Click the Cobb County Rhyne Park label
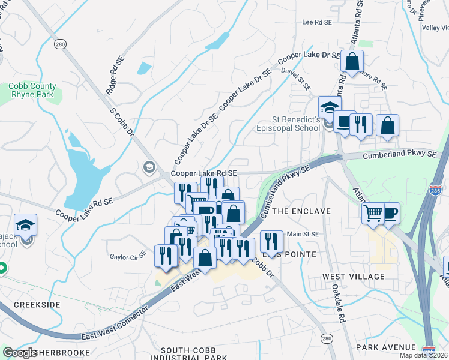coord(31,90)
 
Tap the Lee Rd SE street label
coord(317,22)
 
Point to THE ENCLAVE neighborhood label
coord(301,211)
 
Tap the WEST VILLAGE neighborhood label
coord(354,276)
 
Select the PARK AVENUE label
coord(385,347)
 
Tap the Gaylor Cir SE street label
coord(128,257)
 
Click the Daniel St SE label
coord(297,78)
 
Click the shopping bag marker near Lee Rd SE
coord(352,61)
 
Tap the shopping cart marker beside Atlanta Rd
coord(373,212)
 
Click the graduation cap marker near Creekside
coord(26,225)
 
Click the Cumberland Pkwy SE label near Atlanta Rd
coord(399,155)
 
